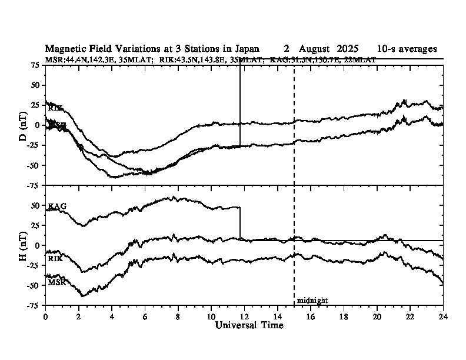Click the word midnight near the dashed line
click(x=312, y=300)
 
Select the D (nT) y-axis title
click(x=24, y=125)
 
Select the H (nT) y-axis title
click(x=24, y=245)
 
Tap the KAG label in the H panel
click(x=57, y=206)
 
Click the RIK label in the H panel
click(x=55, y=258)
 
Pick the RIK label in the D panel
click(x=55, y=108)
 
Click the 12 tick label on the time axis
click(x=244, y=316)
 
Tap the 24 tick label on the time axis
click(x=443, y=316)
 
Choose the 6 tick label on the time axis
click(x=145, y=316)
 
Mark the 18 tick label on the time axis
click(x=344, y=316)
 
